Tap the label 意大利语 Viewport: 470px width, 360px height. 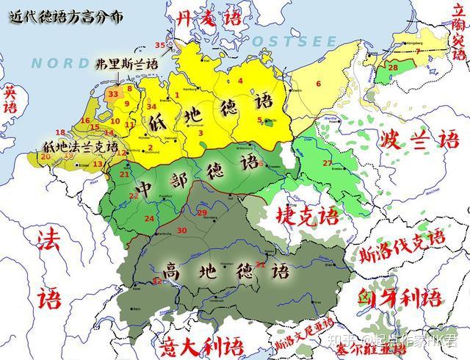click(x=192, y=343)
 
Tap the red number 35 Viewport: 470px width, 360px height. click(x=160, y=46)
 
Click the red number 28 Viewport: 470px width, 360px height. click(x=393, y=68)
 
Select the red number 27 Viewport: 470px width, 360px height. click(x=328, y=162)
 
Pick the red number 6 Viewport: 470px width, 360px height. click(x=319, y=84)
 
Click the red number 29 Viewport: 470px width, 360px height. click(x=202, y=212)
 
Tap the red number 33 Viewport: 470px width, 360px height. click(x=113, y=94)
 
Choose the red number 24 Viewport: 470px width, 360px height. click(x=149, y=218)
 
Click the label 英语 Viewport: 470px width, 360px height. click(x=10, y=99)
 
